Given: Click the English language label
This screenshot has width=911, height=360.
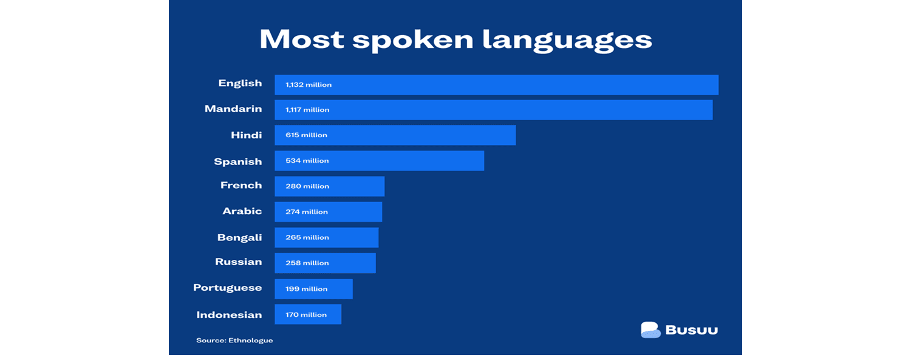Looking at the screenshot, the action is coord(240,84).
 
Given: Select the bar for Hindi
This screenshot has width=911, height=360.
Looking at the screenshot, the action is coord(395,135).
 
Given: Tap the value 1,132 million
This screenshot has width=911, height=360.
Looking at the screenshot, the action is coord(309,85).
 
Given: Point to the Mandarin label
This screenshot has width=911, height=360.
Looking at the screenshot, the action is coord(233,109).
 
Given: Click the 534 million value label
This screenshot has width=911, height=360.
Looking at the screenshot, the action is coord(307,160).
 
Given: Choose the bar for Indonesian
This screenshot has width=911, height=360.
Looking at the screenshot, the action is coord(308,314).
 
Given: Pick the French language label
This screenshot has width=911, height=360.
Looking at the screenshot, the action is coord(241,185).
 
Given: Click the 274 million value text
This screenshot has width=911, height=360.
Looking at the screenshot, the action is coord(307,212).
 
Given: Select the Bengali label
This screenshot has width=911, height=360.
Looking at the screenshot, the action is coord(239,238).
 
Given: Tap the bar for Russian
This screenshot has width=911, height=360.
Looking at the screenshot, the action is coord(325,263).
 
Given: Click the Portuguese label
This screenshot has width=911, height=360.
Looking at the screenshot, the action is coord(227,288).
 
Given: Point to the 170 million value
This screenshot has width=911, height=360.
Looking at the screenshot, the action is coord(306,314).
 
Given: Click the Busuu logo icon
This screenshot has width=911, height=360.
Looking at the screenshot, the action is coord(650,330).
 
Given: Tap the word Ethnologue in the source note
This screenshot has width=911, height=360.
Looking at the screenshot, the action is coord(250,341).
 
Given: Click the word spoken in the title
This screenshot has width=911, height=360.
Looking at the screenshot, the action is coord(413,41).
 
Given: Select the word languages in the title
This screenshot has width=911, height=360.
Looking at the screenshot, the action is coord(567,41).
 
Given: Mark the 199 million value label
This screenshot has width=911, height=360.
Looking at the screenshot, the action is coord(306,289).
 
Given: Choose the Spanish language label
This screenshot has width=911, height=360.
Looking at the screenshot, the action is coord(238,161).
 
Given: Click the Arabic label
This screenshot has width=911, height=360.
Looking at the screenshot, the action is coord(242,211).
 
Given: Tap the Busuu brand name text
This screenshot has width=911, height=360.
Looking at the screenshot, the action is coord(691,330).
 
